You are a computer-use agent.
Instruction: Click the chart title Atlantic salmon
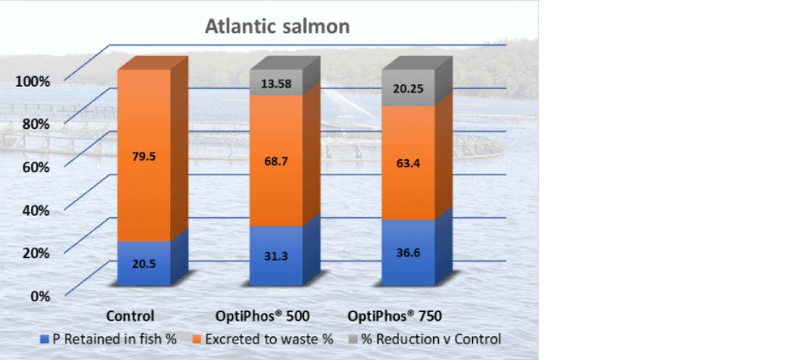click(277, 27)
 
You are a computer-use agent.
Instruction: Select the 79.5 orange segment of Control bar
click(143, 156)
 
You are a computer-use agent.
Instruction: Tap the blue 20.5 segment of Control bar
click(143, 264)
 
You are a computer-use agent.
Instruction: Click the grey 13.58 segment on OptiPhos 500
click(276, 83)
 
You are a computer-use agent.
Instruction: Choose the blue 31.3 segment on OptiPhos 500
click(276, 256)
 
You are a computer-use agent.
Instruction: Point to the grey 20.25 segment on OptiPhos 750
click(408, 88)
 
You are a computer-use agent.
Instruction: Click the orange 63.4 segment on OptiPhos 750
click(408, 163)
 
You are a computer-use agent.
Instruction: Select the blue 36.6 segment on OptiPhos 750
click(408, 253)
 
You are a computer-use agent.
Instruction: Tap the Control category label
click(130, 317)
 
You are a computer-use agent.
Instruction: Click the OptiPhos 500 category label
click(263, 317)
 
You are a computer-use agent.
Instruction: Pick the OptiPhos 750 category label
click(395, 317)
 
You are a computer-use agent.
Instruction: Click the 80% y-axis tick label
click(34, 124)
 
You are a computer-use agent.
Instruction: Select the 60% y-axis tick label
click(34, 167)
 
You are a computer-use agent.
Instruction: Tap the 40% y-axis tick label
click(34, 210)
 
